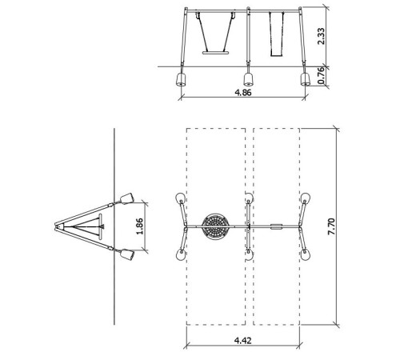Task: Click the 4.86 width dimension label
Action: click(x=243, y=93)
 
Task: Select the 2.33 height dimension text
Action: click(x=322, y=36)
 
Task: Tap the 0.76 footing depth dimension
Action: click(x=322, y=75)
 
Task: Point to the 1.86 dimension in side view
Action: click(x=139, y=226)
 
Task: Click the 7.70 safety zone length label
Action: click(x=331, y=226)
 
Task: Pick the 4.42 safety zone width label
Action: click(x=243, y=341)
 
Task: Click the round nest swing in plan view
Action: click(x=215, y=226)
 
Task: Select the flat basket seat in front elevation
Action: click(x=216, y=53)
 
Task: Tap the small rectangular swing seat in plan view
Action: click(x=276, y=226)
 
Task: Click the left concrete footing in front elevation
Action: click(x=181, y=79)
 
